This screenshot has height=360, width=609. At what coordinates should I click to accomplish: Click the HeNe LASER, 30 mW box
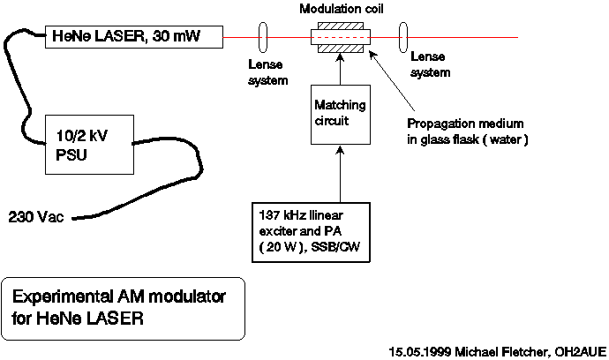click(x=134, y=37)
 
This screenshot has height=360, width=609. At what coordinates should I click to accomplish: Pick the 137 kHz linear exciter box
click(x=304, y=231)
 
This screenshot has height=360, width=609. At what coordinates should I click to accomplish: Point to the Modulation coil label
click(x=340, y=9)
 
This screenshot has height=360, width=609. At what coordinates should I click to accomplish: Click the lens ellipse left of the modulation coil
click(x=262, y=38)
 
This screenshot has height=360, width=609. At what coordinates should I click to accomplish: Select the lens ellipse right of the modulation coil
click(x=404, y=38)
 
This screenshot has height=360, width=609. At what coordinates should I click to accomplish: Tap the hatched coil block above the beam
click(x=340, y=28)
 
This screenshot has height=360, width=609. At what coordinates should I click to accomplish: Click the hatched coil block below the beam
click(x=340, y=49)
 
